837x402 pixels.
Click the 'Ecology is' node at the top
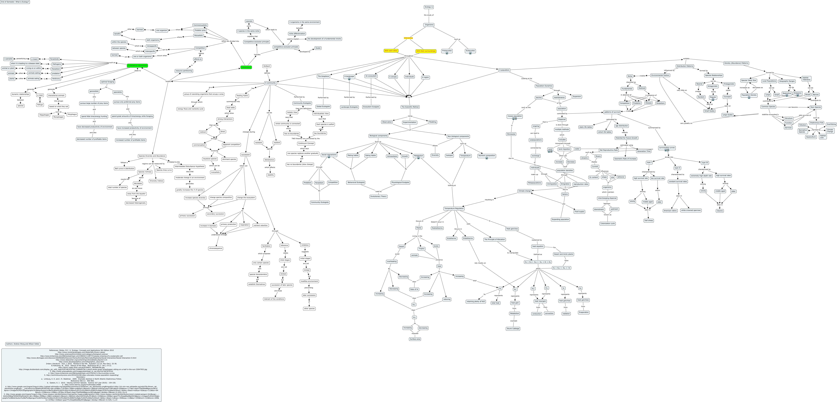[x=429, y=7]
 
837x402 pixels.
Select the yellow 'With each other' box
[x=391, y=51]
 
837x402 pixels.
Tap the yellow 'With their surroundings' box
[x=426, y=51]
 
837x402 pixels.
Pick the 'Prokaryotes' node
[x=447, y=51]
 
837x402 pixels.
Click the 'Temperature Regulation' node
[x=454, y=208]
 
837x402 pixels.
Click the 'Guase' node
[x=318, y=48]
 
